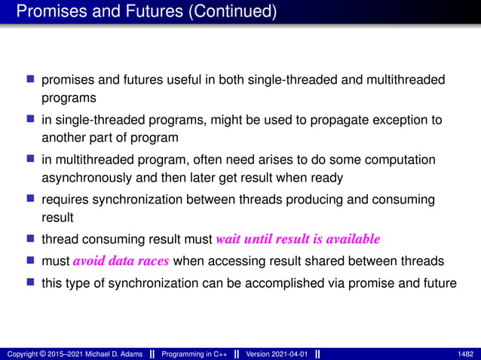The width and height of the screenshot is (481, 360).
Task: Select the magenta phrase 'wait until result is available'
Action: click(x=298, y=240)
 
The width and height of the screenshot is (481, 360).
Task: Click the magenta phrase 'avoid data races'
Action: click(x=124, y=261)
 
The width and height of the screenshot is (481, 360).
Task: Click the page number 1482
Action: click(x=466, y=354)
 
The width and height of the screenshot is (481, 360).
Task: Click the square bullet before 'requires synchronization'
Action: click(x=31, y=200)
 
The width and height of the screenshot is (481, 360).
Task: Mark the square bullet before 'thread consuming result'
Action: click(x=31, y=240)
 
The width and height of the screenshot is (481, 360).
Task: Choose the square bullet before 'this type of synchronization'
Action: click(x=31, y=282)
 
